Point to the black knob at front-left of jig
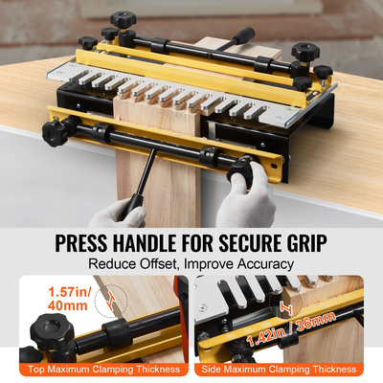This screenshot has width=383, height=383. [x=55, y=133]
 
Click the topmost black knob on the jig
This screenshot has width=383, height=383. [x=122, y=19]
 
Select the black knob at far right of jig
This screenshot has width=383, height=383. [x=323, y=72]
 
